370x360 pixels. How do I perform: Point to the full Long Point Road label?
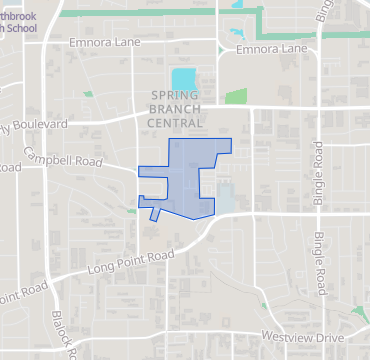pos(130,262)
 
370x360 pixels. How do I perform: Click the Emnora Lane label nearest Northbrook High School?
pos(105,44)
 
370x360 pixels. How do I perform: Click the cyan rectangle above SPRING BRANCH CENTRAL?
pos(183,78)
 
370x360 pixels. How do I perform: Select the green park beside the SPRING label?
pos(236,97)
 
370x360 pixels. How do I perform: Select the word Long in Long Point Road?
pos(103,270)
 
